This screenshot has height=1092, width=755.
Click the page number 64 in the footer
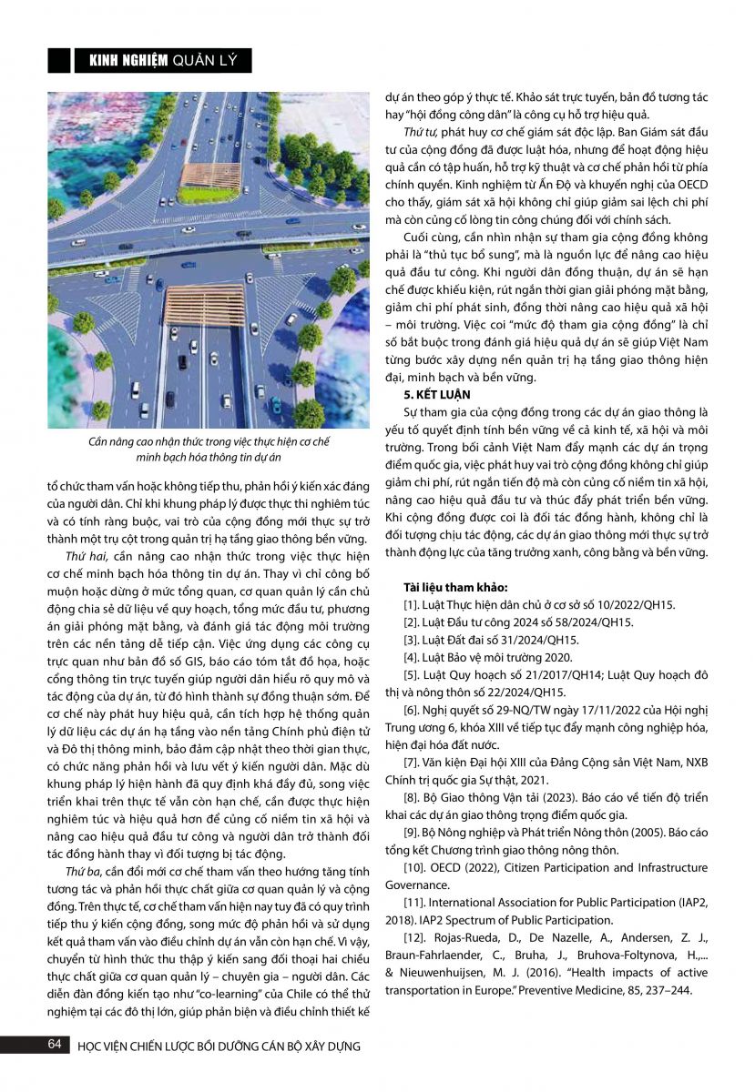(x=54, y=1045)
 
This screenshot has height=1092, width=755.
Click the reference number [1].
(x=413, y=604)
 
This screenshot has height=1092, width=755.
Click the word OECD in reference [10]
(x=456, y=869)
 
